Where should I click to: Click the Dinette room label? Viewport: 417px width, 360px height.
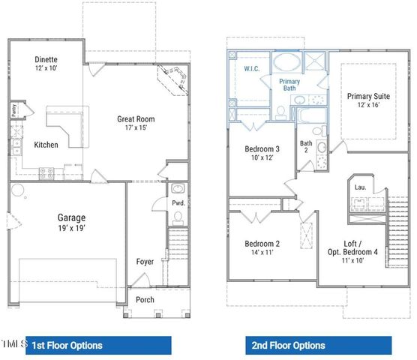pos(46,59)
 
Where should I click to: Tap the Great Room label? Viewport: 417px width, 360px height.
pos(135,118)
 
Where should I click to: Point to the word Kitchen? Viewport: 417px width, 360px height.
pos(47,145)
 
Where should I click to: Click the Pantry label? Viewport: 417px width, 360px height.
pos(14,112)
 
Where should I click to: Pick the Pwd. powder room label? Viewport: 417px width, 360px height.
pos(177,202)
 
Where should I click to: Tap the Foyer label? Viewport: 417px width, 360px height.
pos(145,262)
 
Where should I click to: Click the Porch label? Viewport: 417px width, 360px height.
pos(144,300)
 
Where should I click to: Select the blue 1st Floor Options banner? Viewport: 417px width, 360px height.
pos(98,345)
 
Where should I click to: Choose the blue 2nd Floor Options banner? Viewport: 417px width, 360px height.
pos(319,345)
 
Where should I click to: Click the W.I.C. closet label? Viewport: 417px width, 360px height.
pos(252,69)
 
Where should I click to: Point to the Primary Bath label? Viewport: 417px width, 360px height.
pos(289,84)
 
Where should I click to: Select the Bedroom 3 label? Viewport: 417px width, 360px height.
pos(262,149)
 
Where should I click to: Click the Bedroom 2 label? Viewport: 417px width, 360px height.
pos(262,244)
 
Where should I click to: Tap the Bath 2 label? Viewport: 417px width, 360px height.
pos(306,145)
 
